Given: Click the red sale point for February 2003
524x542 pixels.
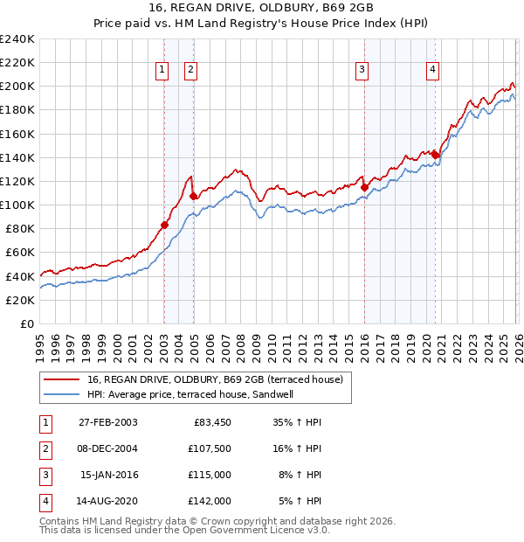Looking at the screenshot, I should click(164, 225).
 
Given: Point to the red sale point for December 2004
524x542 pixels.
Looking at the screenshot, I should click(193, 197).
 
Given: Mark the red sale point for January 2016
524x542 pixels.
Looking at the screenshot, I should click(364, 187).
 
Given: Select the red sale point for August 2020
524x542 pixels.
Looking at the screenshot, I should click(435, 155).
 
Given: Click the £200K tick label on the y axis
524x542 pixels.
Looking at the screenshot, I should click(17, 87).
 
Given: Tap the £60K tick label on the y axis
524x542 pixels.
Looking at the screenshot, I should click(19, 253).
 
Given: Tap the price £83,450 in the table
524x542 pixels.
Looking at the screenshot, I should click(210, 421).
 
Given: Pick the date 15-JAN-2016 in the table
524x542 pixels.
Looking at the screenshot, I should click(108, 475).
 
